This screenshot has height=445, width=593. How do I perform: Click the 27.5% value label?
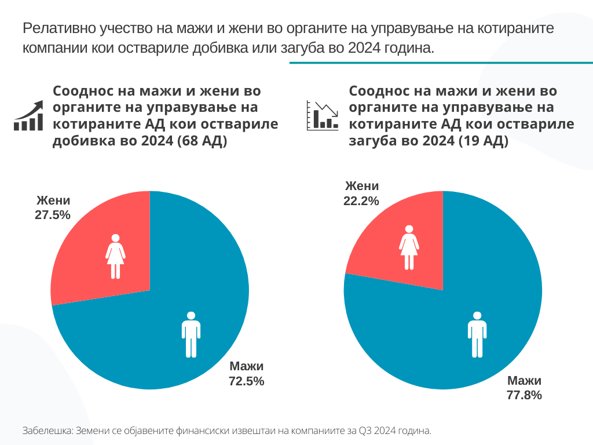53,215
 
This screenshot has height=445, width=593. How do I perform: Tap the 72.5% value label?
247,381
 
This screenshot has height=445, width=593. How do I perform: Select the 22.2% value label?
361,200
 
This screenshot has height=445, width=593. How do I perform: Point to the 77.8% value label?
525,395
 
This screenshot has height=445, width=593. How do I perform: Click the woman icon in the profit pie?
115,256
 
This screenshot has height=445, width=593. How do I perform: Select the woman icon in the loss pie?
409,247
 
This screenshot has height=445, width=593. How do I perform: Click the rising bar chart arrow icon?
29,115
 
